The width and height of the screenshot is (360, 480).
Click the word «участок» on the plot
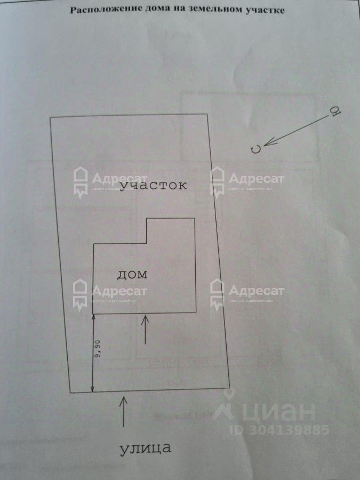tap(153, 185)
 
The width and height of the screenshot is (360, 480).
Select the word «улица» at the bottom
tap(145, 447)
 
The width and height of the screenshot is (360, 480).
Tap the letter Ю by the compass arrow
tap(336, 110)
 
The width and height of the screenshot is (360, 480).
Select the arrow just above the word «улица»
tap(123, 411)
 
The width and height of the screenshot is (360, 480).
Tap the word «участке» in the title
tap(265, 10)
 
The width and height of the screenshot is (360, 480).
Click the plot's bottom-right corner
tap(230, 388)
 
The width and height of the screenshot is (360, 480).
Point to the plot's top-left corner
tap(50, 117)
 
